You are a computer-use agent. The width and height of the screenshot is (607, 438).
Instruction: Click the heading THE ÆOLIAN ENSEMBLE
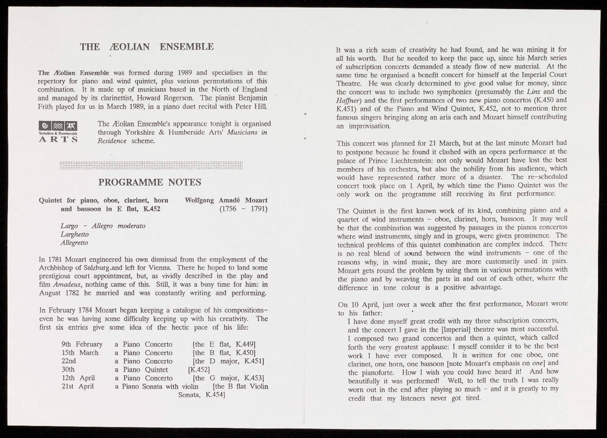pyautogui.click(x=147, y=47)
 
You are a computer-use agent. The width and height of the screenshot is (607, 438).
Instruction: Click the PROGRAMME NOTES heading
pyautogui.click(x=149, y=183)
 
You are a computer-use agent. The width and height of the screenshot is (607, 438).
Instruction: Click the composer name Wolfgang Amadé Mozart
pyautogui.click(x=226, y=200)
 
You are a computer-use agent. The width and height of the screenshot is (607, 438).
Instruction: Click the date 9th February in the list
pyautogui.click(x=82, y=344)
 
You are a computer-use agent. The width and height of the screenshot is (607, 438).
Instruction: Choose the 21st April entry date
pyautogui.click(x=77, y=386)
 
